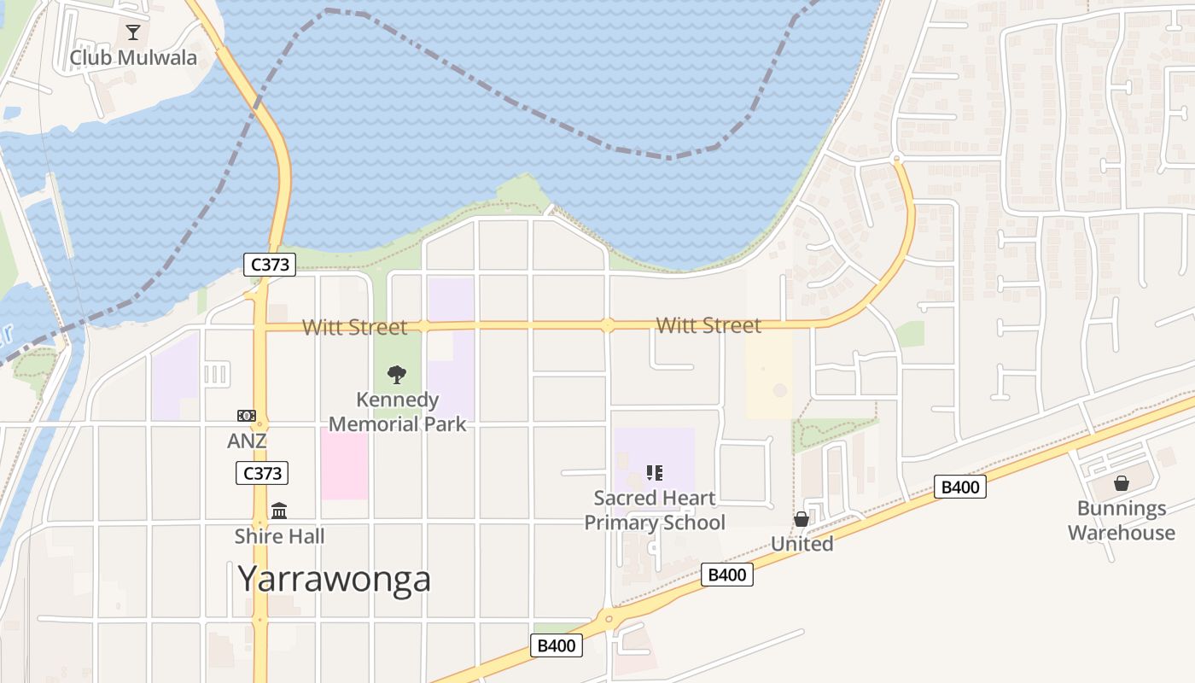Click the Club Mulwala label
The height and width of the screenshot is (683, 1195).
click(133, 58)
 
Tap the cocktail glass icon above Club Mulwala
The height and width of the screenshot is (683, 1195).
click(133, 33)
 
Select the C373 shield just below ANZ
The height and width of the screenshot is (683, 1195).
click(262, 473)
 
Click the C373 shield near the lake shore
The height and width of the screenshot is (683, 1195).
click(271, 265)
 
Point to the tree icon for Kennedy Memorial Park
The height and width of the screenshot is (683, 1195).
click(397, 374)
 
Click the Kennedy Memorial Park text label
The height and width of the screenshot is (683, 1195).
click(398, 412)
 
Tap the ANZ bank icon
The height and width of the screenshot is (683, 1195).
click(247, 416)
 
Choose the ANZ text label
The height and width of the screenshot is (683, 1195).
click(247, 441)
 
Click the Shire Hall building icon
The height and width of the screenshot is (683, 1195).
click(279, 511)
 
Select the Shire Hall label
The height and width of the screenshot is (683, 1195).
click(280, 537)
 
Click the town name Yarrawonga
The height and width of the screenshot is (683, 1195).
click(335, 579)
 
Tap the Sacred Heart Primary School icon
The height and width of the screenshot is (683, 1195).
click(655, 472)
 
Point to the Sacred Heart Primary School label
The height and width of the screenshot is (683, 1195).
click(655, 510)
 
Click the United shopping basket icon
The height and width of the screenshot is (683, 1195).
click(802, 519)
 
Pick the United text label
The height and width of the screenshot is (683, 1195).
click(802, 544)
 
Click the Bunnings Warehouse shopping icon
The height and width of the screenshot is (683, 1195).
click(1122, 483)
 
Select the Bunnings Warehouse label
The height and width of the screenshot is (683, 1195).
click(1122, 521)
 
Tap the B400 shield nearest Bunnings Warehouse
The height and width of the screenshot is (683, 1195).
click(960, 487)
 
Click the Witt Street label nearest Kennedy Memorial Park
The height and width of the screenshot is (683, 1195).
click(354, 327)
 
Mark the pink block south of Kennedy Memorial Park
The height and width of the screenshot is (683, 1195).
click(345, 464)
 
